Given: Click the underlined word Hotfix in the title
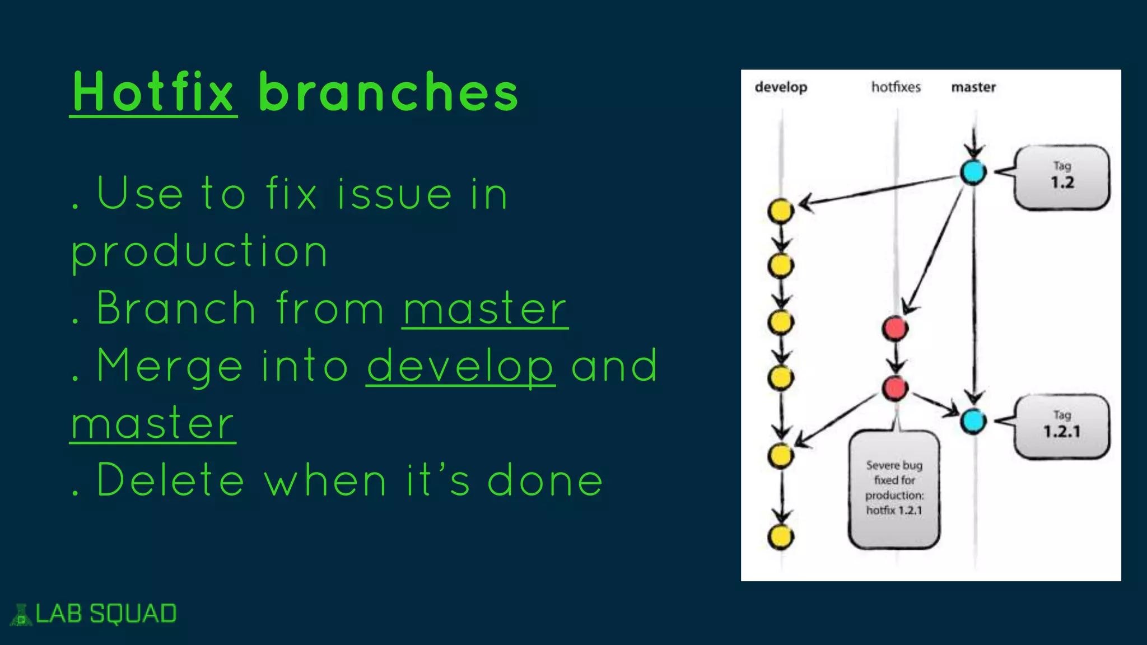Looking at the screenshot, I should [153, 92].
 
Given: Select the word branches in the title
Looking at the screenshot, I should [388, 92].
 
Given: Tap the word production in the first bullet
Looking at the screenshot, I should [199, 251].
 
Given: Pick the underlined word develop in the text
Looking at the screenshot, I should [460, 366].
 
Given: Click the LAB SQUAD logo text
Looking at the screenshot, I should [106, 614].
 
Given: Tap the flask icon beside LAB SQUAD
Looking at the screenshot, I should [21, 615].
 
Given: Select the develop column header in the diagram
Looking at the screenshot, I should [781, 87].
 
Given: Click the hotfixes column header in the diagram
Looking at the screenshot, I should [896, 87].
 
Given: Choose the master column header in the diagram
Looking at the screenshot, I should [973, 87].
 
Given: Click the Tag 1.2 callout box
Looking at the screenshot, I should [1062, 177].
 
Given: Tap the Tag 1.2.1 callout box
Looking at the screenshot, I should [1062, 427].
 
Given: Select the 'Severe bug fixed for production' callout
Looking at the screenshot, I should [894, 488].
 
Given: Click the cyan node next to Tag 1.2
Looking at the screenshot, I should [973, 172].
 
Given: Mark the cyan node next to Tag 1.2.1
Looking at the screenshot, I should [973, 421].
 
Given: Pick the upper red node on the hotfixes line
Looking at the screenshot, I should [895, 329].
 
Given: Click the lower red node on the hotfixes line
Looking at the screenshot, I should [895, 388].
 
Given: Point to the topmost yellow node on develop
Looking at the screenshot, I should [781, 211].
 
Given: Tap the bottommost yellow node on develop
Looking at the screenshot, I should [781, 537].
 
